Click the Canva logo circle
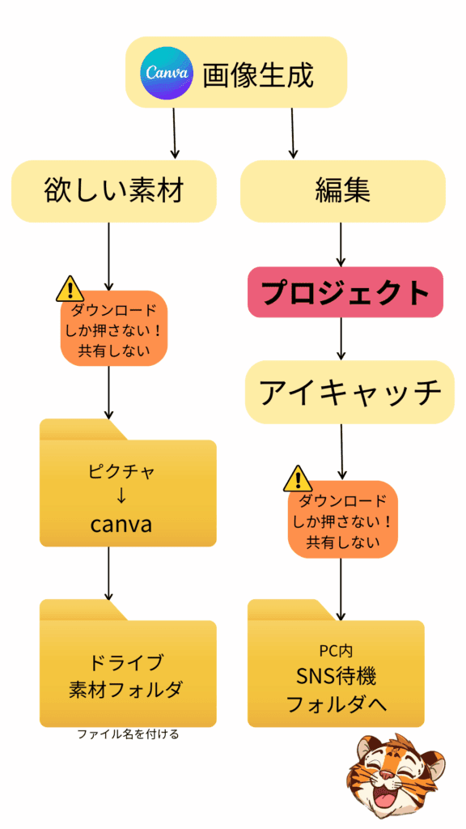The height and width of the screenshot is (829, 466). coord(167,73)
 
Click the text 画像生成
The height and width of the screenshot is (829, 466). coord(257,74)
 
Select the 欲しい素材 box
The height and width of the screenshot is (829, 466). coord(114,191)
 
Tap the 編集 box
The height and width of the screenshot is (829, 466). coord(342,191)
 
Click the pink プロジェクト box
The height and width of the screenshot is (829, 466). coord(345,292)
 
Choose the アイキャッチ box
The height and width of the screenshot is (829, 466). coord(345,393)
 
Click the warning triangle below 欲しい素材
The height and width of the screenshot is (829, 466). coord(70,288)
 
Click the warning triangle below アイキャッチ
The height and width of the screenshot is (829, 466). coord(298,479)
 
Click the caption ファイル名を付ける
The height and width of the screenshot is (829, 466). coord(128,735)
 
